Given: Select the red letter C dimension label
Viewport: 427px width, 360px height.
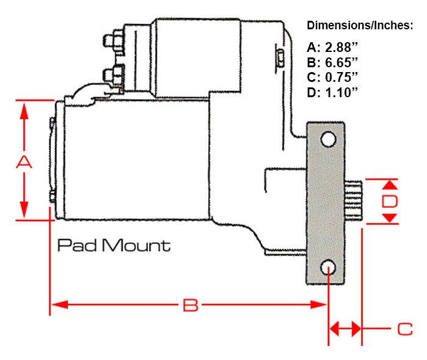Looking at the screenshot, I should point(405,329).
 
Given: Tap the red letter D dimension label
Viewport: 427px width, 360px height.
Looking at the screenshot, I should point(390,201).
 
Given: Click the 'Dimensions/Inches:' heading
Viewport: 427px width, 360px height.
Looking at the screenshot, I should point(360,26).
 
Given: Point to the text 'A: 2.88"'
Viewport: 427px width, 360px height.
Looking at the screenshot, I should point(333,48).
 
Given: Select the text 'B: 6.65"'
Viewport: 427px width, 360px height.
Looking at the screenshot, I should point(333,62).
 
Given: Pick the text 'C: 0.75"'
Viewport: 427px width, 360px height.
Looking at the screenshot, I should point(333,77).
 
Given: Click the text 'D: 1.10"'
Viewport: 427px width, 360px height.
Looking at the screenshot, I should point(333,92).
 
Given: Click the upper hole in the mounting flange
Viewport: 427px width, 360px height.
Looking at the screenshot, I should point(329,139).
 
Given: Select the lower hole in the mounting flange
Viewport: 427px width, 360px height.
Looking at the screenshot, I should point(329,267).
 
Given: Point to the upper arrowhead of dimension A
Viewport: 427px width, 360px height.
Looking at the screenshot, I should point(24,110).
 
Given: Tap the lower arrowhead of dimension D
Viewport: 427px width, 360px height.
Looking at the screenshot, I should point(391,218).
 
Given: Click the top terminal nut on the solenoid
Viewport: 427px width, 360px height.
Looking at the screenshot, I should point(112,41).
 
